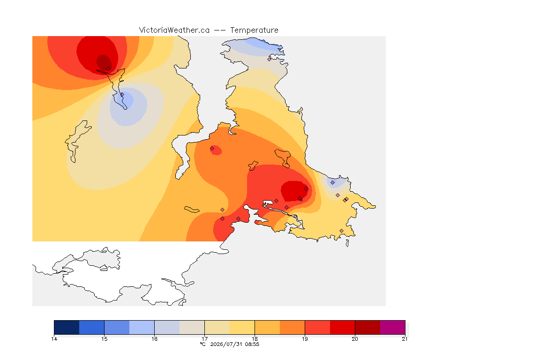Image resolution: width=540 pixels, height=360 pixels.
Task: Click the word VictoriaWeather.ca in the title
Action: point(174,30)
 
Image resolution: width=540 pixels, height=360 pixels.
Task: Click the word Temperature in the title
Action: point(254,30)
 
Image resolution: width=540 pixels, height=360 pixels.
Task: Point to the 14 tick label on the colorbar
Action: point(54,339)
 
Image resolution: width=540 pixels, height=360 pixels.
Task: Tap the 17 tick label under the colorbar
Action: point(204,339)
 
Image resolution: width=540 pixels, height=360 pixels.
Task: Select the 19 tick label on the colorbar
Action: point(305,339)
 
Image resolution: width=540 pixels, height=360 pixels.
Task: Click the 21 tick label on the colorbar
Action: point(405,339)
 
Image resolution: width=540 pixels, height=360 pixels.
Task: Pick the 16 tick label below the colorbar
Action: point(154,339)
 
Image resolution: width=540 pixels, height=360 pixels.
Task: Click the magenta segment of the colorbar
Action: point(393,327)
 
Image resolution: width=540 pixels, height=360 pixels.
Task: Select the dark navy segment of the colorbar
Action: point(67,327)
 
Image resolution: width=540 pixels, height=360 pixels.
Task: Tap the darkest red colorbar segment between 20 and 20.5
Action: point(367,327)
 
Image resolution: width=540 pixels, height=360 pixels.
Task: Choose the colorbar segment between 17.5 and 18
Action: point(242,327)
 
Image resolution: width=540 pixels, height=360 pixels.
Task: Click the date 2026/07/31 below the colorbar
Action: point(226,344)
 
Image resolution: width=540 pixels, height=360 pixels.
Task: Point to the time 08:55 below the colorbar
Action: point(252,344)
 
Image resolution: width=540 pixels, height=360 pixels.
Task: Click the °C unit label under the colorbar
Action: point(202,344)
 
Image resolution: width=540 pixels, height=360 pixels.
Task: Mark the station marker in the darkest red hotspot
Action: point(108,69)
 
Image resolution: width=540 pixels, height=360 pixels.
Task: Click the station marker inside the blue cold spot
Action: point(122,94)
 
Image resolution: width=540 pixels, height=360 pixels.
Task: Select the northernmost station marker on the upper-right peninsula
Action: point(270,59)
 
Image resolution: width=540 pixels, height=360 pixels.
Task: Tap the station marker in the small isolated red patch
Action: point(212,149)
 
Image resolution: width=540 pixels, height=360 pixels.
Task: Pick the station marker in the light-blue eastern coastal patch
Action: point(333,183)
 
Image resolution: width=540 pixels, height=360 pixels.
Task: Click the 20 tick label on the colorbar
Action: point(355,339)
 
